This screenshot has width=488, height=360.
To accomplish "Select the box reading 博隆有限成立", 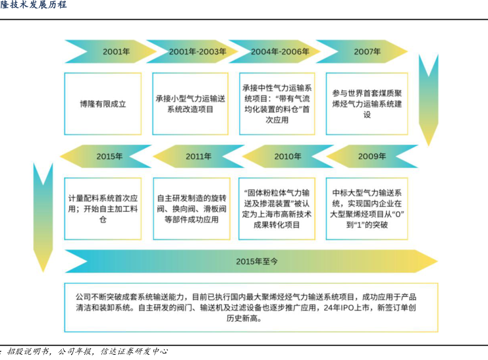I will [103, 104].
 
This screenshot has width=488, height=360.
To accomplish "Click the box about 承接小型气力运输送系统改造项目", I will [190, 104].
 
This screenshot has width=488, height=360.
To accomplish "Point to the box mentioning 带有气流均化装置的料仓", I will [279, 104].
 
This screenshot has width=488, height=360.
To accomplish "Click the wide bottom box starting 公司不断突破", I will [251, 307].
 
